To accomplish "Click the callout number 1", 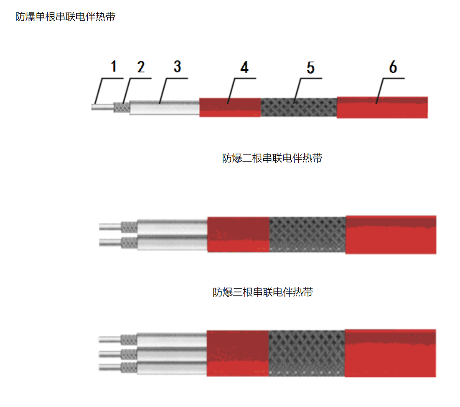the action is click(x=114, y=66).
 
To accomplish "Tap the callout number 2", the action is click(x=141, y=67).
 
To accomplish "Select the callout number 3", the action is click(x=177, y=66).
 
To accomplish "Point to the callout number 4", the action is click(x=244, y=67).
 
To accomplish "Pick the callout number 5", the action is click(x=311, y=67).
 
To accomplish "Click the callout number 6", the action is click(x=393, y=67).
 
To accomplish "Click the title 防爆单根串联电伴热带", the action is click(x=66, y=17).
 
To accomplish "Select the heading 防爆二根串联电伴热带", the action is click(x=272, y=158).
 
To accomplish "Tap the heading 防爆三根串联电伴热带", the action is click(x=263, y=292).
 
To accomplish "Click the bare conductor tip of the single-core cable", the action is click(x=103, y=107).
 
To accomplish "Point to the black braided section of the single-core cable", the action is click(x=299, y=108).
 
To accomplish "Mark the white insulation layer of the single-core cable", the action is click(x=165, y=108).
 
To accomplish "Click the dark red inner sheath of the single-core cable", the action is click(x=230, y=108).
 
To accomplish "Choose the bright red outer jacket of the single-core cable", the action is click(x=382, y=108).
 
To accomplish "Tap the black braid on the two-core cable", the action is click(x=308, y=235).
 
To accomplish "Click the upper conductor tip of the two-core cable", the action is click(x=110, y=227).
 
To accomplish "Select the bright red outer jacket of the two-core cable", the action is click(x=391, y=235).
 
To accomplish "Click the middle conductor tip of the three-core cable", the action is click(x=110, y=354).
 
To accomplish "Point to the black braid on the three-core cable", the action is click(x=307, y=354).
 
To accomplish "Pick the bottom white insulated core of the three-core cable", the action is click(x=172, y=368).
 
